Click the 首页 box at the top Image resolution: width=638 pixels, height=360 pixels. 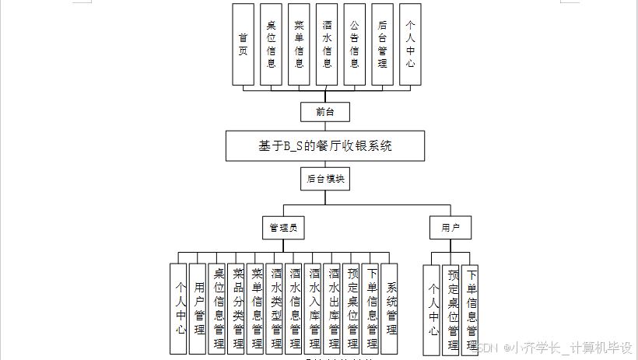243,44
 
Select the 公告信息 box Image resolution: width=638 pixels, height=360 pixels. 354,44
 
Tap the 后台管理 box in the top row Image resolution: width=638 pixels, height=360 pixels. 382,44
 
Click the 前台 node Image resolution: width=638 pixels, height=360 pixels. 325,112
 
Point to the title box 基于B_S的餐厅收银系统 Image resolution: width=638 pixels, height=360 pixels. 325,145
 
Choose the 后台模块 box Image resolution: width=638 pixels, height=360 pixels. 325,179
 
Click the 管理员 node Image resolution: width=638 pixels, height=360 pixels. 282,228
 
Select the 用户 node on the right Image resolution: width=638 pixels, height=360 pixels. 450,228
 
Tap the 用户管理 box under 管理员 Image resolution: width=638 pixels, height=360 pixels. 200,307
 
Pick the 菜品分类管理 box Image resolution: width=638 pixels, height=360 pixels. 238,307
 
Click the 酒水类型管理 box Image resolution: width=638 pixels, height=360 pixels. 276,307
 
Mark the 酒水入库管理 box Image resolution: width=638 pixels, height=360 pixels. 314,307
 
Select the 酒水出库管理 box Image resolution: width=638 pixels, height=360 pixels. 334,307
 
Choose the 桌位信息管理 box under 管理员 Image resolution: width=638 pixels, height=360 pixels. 219,307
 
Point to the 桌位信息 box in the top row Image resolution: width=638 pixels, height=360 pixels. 271,44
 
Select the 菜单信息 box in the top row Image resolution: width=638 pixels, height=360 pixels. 299,44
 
